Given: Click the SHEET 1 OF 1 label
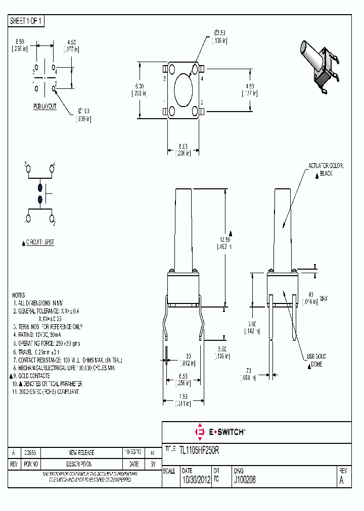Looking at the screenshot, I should [27, 21].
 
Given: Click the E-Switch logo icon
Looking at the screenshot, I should [199, 432].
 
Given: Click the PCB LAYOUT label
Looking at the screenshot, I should [45, 107].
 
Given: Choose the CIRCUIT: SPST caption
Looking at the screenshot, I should [39, 242].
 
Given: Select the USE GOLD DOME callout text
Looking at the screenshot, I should [316, 361].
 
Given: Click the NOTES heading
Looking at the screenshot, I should [18, 295].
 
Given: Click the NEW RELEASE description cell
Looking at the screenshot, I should [81, 452].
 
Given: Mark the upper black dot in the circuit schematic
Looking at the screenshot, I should [40, 188].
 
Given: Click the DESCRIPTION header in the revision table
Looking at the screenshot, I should [81, 464].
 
